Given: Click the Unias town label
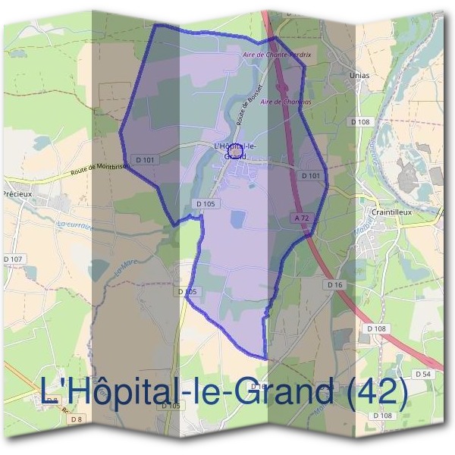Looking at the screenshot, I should pos(360,76).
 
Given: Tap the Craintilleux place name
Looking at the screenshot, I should pos(391,212).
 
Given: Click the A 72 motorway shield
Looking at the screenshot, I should pos(301,218).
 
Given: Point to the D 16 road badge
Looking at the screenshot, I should pos(335,284).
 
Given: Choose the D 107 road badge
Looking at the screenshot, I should pos(14,259).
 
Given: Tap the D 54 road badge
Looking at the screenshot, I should pos(423,375).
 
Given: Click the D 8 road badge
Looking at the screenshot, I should pos(77,419).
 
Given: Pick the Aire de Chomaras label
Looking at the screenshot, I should pos(281,101).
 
